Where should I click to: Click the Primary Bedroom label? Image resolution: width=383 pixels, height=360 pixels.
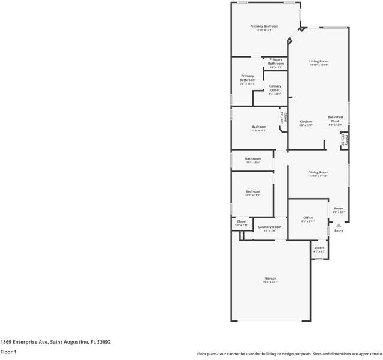pyautogui.click(x=264, y=26)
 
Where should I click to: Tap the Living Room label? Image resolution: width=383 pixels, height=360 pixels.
pyautogui.click(x=319, y=62)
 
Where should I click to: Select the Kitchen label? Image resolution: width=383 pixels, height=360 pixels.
pyautogui.click(x=306, y=122)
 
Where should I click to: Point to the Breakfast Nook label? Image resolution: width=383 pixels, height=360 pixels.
pyautogui.click(x=334, y=119)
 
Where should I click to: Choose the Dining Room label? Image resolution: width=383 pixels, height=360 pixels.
pyautogui.click(x=318, y=173)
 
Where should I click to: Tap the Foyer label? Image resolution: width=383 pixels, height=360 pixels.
pyautogui.click(x=339, y=208)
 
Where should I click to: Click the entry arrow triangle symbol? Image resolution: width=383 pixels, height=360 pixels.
pyautogui.click(x=338, y=224)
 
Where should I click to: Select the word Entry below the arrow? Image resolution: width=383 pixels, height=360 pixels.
pyautogui.click(x=339, y=231)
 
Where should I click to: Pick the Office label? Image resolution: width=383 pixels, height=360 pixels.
pyautogui.click(x=308, y=218)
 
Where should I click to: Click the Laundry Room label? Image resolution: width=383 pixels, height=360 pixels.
pyautogui.click(x=269, y=227)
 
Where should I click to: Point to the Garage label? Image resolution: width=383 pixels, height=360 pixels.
pyautogui.click(x=270, y=278)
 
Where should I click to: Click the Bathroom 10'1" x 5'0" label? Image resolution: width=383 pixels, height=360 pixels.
pyautogui.click(x=252, y=159)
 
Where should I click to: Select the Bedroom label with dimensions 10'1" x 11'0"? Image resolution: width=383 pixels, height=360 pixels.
pyautogui.click(x=252, y=192)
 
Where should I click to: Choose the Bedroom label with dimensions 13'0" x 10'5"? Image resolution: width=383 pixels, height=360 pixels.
pyautogui.click(x=258, y=127)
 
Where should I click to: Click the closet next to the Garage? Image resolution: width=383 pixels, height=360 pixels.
pyautogui.click(x=319, y=248)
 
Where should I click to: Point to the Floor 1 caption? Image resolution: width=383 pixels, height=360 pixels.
pyautogui.click(x=8, y=352)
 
